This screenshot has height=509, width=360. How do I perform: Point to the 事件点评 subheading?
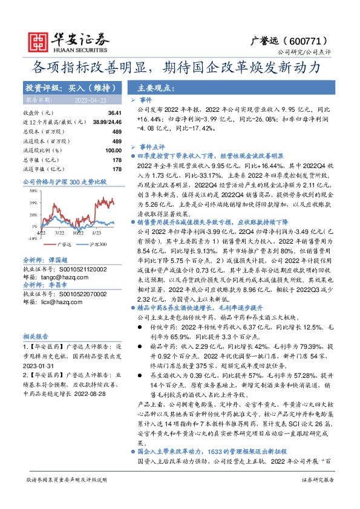[x=152, y=147]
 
